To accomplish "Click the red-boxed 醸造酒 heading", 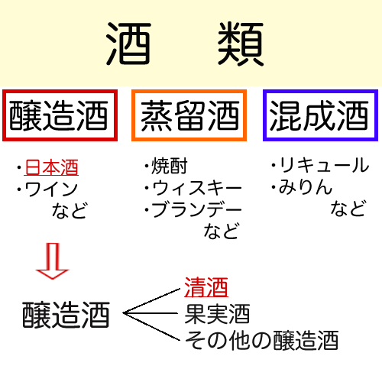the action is click(59, 115).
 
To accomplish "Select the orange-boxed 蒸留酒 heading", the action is click(190, 115).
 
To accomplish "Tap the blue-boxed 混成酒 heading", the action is click(319, 115).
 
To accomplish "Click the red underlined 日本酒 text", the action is click(51, 167).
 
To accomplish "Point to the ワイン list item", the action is click(51, 189).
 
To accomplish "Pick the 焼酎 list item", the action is click(170, 166).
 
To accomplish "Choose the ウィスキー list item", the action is click(197, 188).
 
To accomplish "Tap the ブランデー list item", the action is click(197, 209).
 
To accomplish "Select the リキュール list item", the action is click(324, 165).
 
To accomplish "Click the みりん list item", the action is click(306, 186).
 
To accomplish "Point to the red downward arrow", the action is click(53, 261).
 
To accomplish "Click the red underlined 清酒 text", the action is click(206, 287).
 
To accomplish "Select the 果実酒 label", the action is click(217, 314).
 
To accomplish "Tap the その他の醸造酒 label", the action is click(262, 340).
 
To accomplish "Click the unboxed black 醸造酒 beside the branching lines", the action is click(66, 314).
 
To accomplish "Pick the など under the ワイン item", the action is click(70, 210).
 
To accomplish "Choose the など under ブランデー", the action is click(222, 231).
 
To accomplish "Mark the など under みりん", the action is click(348, 208).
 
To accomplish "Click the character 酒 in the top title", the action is click(128, 44).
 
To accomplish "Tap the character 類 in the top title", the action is click(241, 44).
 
